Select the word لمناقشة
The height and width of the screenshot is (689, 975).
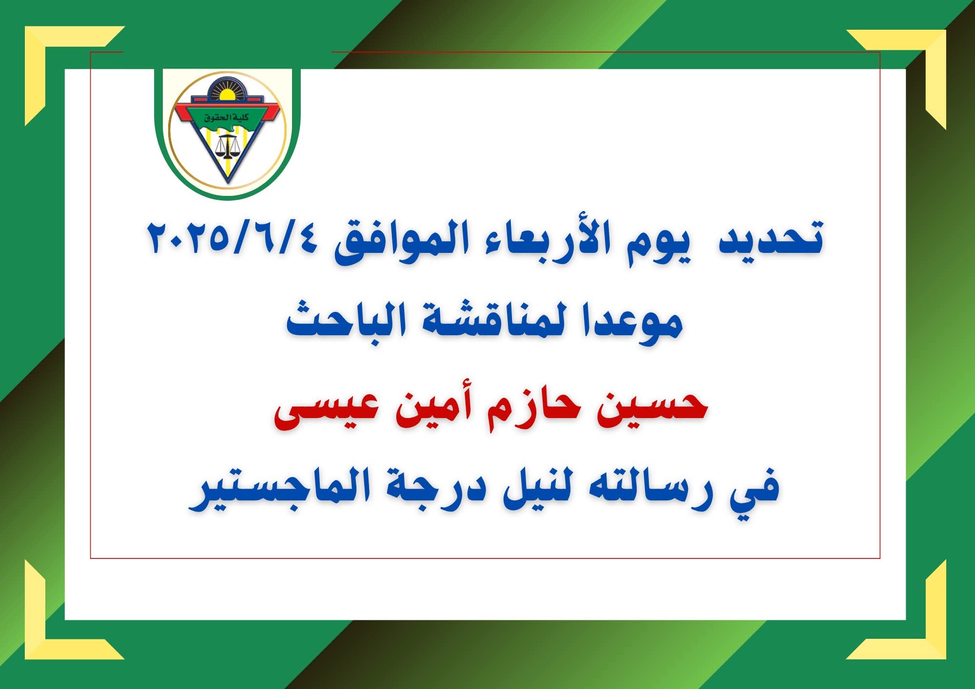point(492,319)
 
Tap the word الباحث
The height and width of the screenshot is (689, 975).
point(346,319)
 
